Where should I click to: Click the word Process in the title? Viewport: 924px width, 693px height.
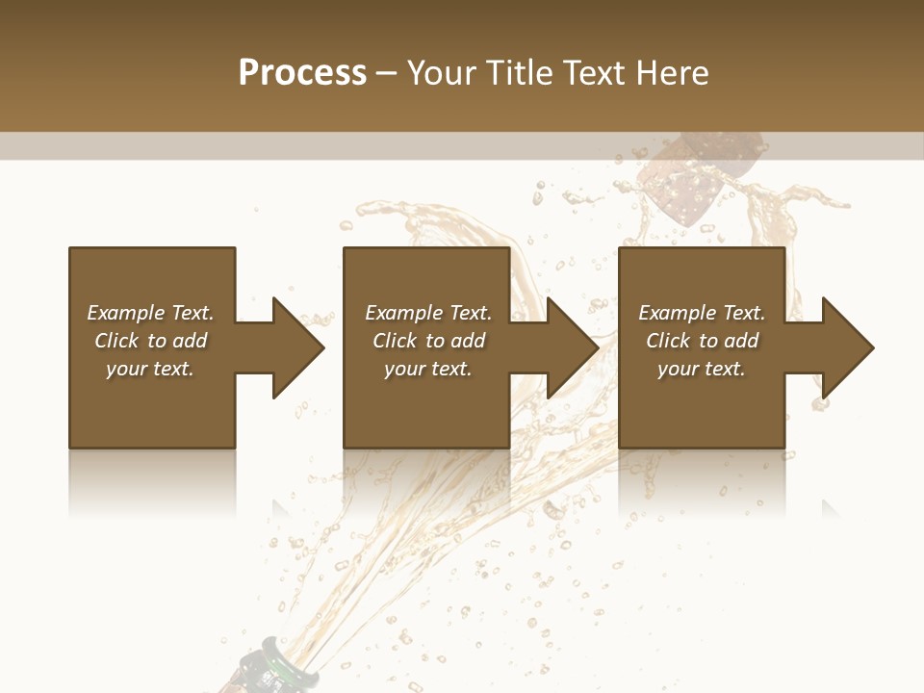(x=302, y=73)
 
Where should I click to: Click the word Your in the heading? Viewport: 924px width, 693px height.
(x=441, y=73)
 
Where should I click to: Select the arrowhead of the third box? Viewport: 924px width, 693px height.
(x=847, y=347)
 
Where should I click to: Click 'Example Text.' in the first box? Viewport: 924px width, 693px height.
(x=150, y=313)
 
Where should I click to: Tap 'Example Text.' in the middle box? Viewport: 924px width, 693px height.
(x=428, y=313)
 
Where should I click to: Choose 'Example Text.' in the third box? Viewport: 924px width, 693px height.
(x=702, y=313)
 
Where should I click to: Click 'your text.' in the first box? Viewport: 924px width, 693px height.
(x=150, y=369)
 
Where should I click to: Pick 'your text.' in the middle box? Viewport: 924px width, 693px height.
(x=428, y=369)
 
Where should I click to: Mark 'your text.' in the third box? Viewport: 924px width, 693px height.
(x=702, y=369)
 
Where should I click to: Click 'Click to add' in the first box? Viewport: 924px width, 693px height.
(x=150, y=341)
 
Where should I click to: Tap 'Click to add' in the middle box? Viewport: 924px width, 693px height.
(x=428, y=341)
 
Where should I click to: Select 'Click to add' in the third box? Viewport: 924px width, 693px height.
(x=702, y=341)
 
